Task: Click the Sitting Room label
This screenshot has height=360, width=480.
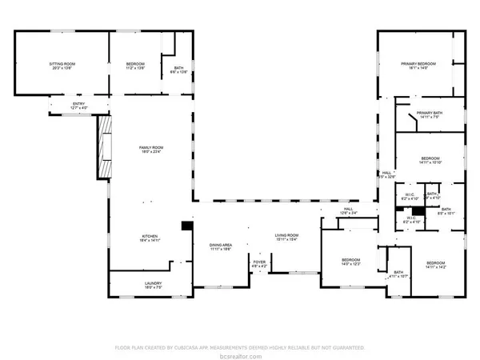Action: click(62, 65)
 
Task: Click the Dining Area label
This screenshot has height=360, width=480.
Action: click(221, 247)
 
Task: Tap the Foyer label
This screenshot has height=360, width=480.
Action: click(260, 263)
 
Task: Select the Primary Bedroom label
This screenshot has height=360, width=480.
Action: click(418, 66)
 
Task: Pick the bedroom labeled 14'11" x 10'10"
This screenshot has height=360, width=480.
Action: click(430, 161)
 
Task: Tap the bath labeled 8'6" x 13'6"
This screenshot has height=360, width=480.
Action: click(179, 70)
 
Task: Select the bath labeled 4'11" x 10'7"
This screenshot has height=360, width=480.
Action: click(398, 274)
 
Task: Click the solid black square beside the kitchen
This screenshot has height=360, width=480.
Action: click(186, 226)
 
